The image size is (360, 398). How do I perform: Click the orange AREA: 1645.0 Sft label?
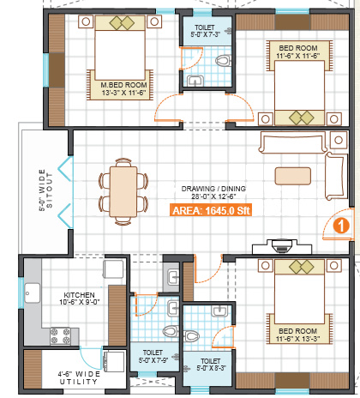pyautogui.click(x=211, y=210)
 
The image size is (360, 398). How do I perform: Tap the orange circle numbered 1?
pyautogui.click(x=341, y=226)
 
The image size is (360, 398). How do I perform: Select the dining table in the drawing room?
pyautogui.click(x=123, y=192)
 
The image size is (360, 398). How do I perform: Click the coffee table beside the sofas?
pyautogui.click(x=293, y=176)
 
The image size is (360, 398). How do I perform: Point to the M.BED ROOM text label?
pyautogui.click(x=123, y=85)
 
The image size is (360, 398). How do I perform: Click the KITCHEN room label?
pyautogui.click(x=79, y=295)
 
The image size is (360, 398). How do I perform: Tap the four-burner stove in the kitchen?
pyautogui.click(x=60, y=336)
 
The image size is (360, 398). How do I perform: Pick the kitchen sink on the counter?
pyautogui.click(x=33, y=292)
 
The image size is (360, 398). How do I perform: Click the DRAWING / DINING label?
pyautogui.click(x=213, y=189)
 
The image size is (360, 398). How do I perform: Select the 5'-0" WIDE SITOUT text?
pyautogui.click(x=45, y=190)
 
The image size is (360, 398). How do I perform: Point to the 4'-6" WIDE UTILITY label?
pyautogui.click(x=79, y=377)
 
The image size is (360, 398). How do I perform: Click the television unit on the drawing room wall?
pyautogui.click(x=282, y=246)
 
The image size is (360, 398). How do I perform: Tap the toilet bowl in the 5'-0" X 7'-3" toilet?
pyautogui.click(x=223, y=61)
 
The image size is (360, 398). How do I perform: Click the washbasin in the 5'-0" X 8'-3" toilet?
pyautogui.click(x=219, y=311)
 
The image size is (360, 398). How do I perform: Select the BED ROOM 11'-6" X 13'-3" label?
pyautogui.click(x=297, y=335)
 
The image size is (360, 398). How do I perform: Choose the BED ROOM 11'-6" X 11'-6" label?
pyautogui.click(x=298, y=51)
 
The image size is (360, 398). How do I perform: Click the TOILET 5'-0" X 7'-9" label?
pyautogui.click(x=153, y=356)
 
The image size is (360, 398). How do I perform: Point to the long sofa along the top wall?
pyautogui.click(x=292, y=142)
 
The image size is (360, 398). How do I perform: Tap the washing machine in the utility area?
pyautogui.click(x=115, y=361)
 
